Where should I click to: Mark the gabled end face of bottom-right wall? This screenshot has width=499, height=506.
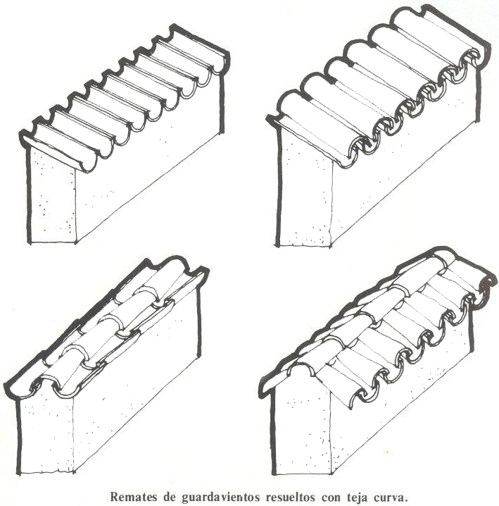point(301,423)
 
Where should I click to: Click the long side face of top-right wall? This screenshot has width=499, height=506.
point(403,161)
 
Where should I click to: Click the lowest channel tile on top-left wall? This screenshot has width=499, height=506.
point(61,152)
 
